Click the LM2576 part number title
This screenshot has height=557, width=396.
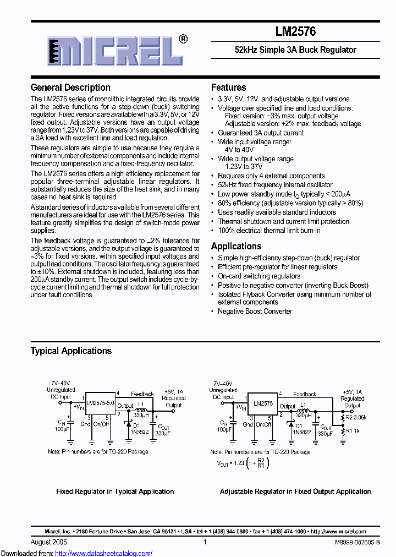click(295, 32)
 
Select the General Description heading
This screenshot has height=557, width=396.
click(70, 88)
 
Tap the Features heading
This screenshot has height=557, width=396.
click(228, 88)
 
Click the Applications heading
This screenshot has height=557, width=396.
click(236, 246)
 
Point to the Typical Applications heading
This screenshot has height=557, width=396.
click(71, 351)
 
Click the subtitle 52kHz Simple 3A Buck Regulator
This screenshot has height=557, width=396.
click(295, 50)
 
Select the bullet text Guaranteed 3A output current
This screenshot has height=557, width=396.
click(261, 133)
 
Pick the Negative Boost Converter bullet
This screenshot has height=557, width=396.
click(255, 311)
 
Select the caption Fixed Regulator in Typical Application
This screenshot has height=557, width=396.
click(115, 492)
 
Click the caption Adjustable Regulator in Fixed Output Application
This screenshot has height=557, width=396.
click(295, 492)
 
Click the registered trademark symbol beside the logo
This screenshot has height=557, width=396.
click(183, 39)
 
